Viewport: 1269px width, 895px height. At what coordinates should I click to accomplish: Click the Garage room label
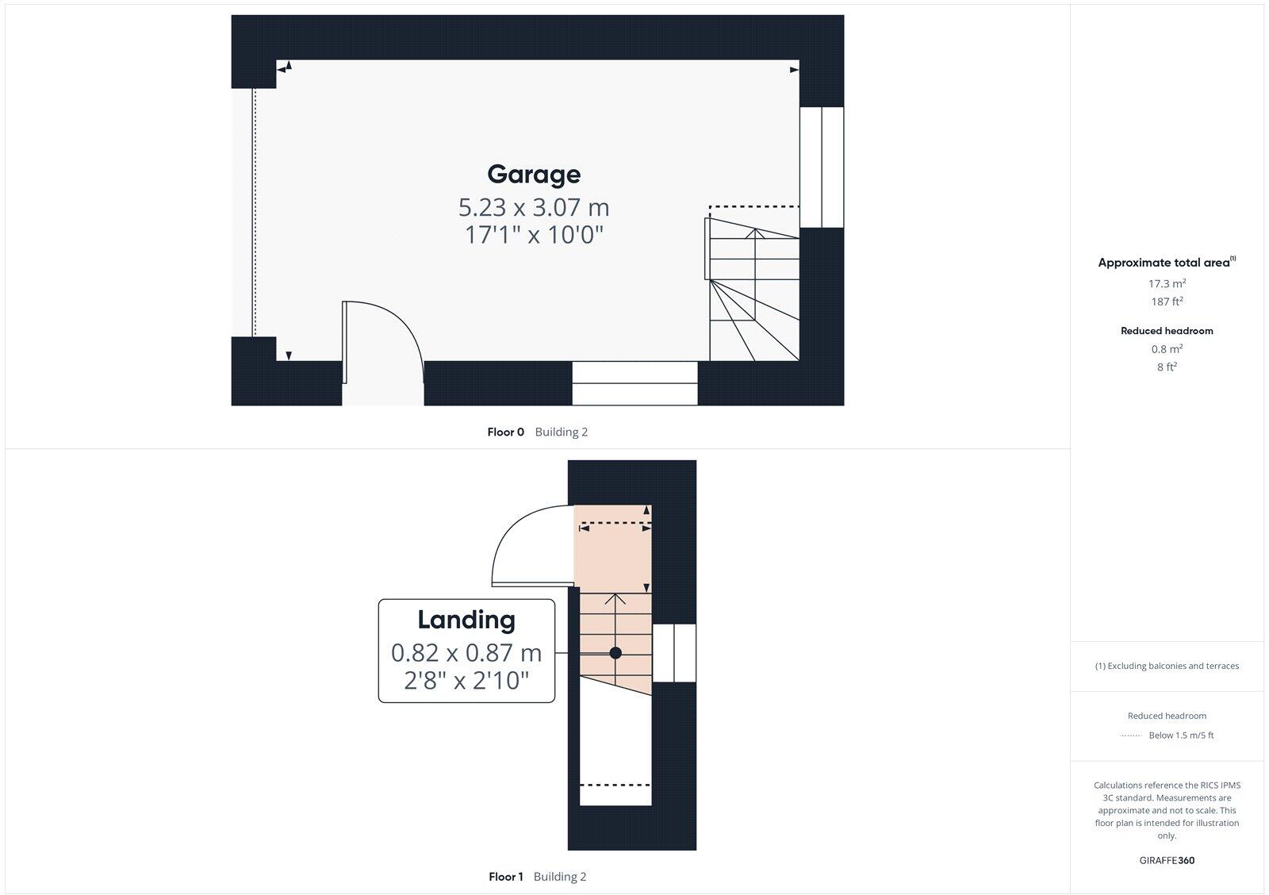pos(534,175)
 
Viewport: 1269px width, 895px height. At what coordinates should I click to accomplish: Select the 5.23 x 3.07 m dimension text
pos(534,208)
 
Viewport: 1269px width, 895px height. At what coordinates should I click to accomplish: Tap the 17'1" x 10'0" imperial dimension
pos(534,235)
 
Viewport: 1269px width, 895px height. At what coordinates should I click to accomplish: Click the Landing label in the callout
pos(466,620)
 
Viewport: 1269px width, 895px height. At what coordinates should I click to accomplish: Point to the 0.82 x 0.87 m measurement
pos(466,653)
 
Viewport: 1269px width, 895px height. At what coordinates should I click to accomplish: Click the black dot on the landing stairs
pos(615,653)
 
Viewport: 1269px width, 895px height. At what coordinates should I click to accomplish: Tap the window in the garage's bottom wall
pos(634,383)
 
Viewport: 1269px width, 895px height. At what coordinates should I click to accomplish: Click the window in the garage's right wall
pos(822,167)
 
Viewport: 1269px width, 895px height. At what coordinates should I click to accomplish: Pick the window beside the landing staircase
pos(674,653)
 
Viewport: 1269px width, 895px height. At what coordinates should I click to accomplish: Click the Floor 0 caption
pos(505,432)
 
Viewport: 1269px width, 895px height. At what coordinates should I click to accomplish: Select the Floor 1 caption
pos(506,877)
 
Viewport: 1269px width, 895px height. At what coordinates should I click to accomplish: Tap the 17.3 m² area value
pos(1167,284)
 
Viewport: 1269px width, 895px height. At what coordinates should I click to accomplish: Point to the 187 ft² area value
pos(1167,302)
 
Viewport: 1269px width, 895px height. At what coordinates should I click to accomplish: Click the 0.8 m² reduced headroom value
pos(1167,349)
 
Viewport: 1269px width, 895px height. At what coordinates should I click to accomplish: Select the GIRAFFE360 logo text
pos(1167,860)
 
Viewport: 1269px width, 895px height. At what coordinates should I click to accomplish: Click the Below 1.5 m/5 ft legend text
pos(1181,736)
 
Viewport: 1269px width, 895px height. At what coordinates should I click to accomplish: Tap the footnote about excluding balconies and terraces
pos(1167,666)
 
